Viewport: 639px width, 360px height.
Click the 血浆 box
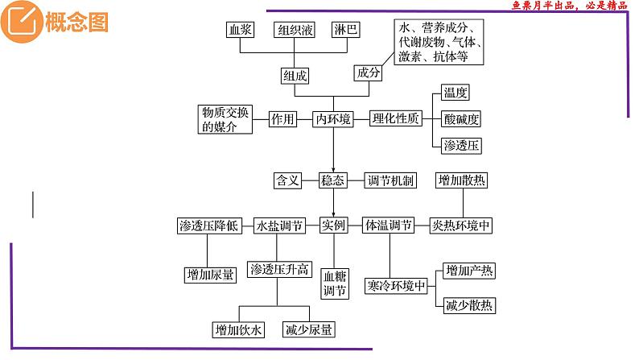click(240, 31)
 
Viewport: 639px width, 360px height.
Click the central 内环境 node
click(333, 119)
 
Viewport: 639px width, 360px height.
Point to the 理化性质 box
click(395, 119)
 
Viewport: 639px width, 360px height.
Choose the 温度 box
click(456, 94)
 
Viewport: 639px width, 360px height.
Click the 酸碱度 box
click(461, 119)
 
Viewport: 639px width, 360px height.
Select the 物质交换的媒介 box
click(224, 119)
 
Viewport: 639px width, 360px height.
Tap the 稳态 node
click(333, 180)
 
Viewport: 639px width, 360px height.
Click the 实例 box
click(333, 226)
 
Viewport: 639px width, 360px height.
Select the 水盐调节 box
click(278, 226)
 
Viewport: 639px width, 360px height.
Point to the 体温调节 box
click(389, 226)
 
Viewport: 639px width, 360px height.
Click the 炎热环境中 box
click(460, 226)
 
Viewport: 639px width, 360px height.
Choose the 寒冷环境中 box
click(395, 287)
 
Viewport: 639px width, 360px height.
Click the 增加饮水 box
click(238, 330)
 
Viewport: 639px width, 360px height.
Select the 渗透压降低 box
click(208, 226)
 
